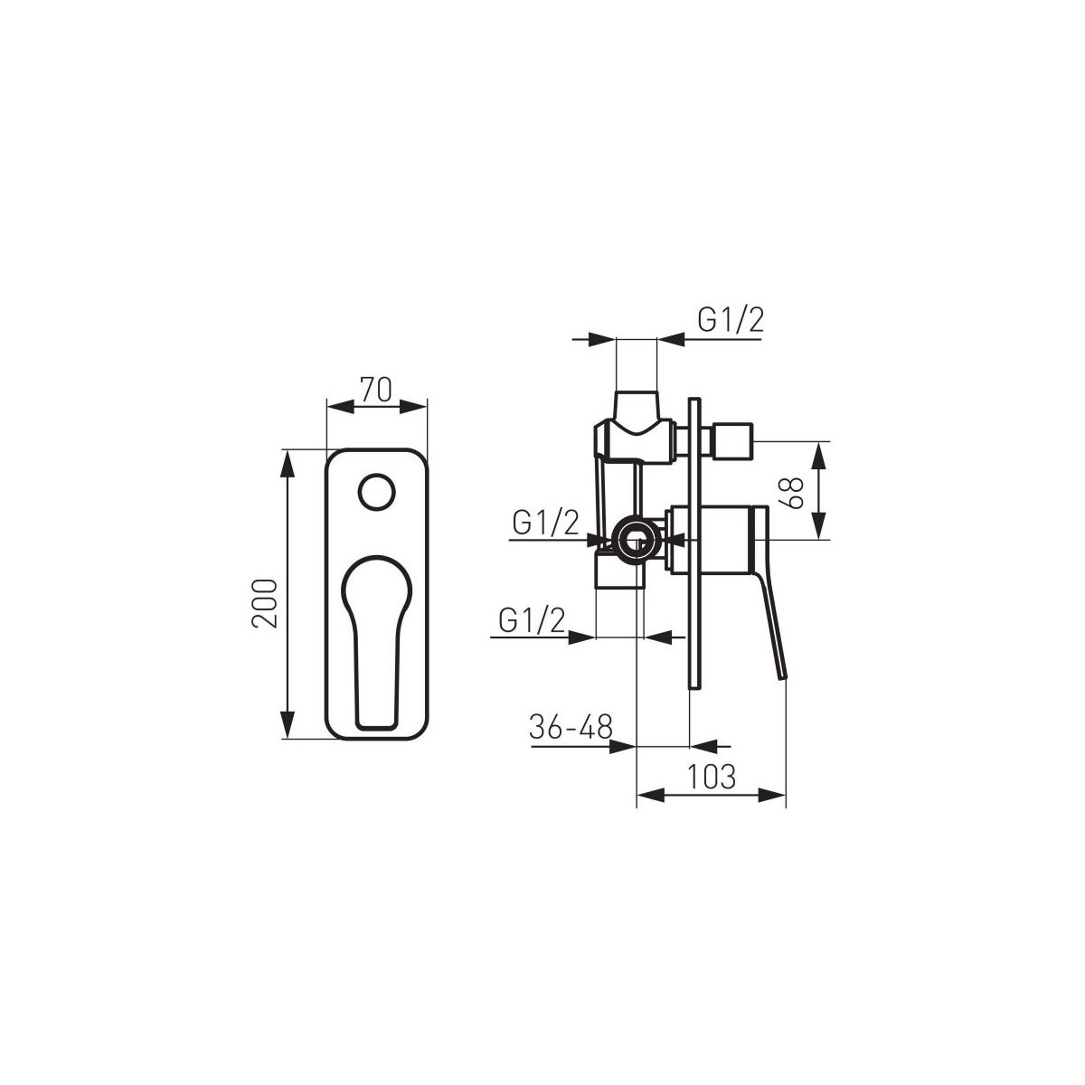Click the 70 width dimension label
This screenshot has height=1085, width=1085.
pyautogui.click(x=376, y=389)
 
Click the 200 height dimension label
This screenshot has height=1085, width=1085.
pyautogui.click(x=265, y=604)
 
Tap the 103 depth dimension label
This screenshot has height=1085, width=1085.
pyautogui.click(x=712, y=777)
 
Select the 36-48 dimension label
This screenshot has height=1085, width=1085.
pyautogui.click(x=571, y=727)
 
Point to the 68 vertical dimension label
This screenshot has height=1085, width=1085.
pyautogui.click(x=793, y=493)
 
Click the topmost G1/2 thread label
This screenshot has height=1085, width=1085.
pyautogui.click(x=731, y=321)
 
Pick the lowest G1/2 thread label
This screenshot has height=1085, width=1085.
pyautogui.click(x=532, y=621)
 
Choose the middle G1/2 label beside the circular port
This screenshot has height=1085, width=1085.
pyautogui.click(x=545, y=524)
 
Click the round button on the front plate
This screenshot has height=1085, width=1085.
pyautogui.click(x=376, y=492)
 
